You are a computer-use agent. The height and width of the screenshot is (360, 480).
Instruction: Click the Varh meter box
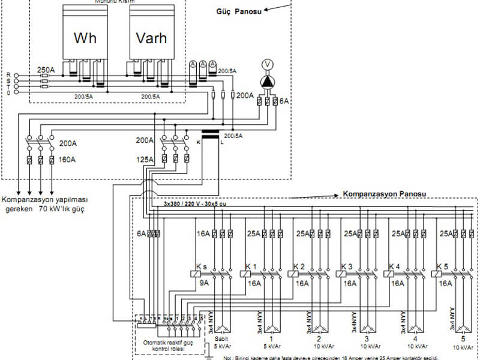point(151,37)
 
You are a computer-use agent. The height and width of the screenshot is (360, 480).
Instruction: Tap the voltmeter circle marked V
point(268,65)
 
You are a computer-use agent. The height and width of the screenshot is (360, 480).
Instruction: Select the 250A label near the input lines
point(46,70)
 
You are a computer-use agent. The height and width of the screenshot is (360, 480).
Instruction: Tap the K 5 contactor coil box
point(437,273)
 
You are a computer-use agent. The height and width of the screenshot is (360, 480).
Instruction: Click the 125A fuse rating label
point(145,159)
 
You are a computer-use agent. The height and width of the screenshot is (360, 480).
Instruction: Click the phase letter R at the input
point(8,74)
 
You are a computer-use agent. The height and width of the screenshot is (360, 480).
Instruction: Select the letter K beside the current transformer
point(199,144)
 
